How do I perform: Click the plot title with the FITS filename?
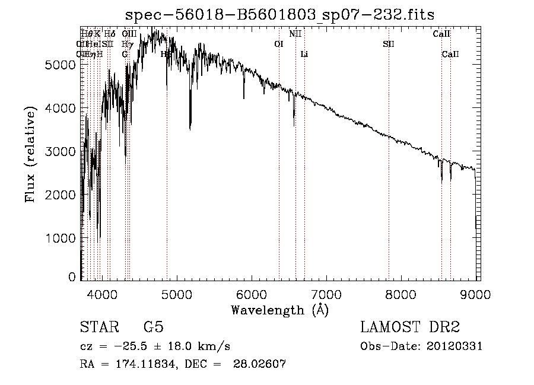click(284, 15)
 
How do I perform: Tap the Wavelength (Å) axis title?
click(279, 310)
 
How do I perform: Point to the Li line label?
click(304, 54)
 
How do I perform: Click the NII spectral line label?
click(295, 34)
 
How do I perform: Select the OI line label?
click(279, 44)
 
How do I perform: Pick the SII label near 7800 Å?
click(389, 44)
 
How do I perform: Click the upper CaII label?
click(441, 34)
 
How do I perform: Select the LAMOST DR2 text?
click(410, 327)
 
